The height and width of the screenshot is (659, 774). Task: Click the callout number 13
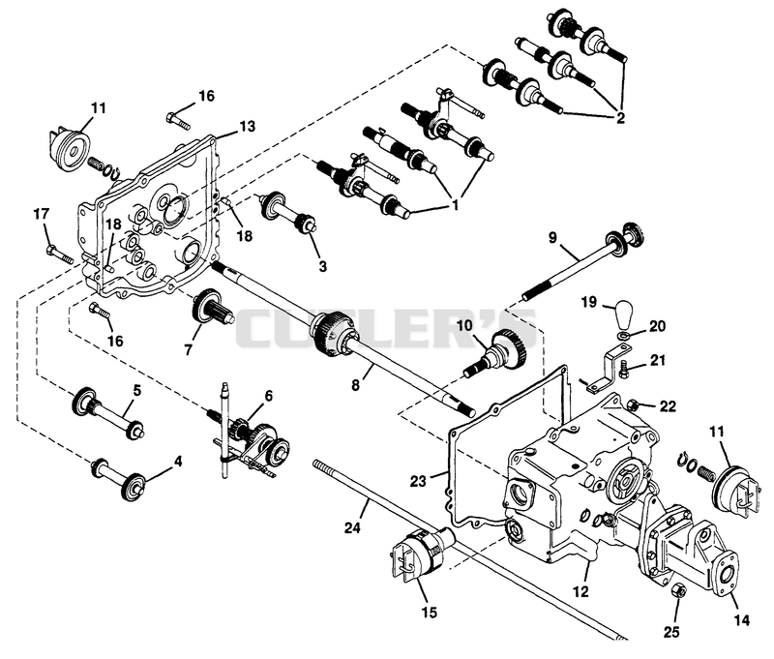pos(248,127)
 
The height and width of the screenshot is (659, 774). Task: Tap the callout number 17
pos(42,214)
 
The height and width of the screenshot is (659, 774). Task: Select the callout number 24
pos(352,527)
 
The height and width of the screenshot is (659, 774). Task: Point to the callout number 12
pos(581,591)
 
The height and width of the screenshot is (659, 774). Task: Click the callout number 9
pos(552,238)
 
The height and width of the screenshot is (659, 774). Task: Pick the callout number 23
pos(418,481)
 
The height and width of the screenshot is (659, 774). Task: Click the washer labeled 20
pos(624,337)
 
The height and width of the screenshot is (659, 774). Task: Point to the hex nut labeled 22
pos(633,405)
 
